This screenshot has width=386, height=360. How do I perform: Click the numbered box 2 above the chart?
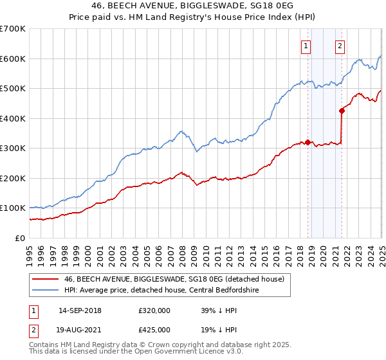(x=339, y=46)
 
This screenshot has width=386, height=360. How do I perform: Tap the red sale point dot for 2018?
(x=308, y=143)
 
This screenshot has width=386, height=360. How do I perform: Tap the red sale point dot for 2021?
(x=342, y=111)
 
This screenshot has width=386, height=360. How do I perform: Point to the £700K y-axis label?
(x=12, y=29)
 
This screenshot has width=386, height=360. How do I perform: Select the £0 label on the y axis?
(x=21, y=238)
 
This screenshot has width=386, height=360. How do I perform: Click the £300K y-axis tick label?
(x=12, y=148)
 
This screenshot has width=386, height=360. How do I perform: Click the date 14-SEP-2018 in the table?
(x=80, y=310)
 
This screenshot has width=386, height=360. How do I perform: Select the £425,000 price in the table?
(x=154, y=329)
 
